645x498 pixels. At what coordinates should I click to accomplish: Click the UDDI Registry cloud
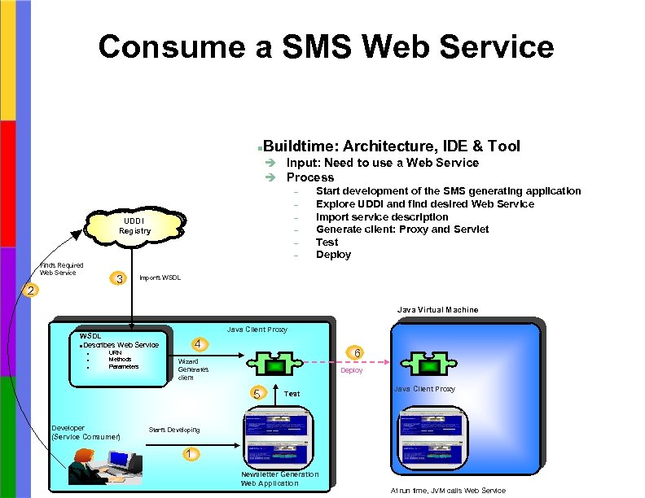pyautogui.click(x=134, y=225)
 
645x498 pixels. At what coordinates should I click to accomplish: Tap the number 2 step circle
pyautogui.click(x=30, y=290)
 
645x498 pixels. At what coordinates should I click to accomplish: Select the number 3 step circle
pyautogui.click(x=120, y=279)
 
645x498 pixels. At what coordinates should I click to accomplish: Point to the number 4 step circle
pyautogui.click(x=198, y=343)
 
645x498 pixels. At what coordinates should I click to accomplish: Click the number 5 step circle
pyautogui.click(x=257, y=393)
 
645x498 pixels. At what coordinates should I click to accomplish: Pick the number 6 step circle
pyautogui.click(x=356, y=352)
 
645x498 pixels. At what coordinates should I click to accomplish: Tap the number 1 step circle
pyautogui.click(x=190, y=453)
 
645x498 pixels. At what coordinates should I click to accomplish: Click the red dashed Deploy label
pyautogui.click(x=352, y=370)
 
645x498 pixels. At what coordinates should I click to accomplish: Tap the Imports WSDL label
pyautogui.click(x=160, y=278)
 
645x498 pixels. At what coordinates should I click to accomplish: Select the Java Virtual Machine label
pyautogui.click(x=437, y=309)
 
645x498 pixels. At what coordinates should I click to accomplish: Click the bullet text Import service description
pyautogui.click(x=382, y=217)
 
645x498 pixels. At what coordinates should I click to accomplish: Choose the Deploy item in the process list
pyautogui.click(x=333, y=255)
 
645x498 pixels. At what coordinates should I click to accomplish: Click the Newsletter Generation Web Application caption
pyautogui.click(x=279, y=478)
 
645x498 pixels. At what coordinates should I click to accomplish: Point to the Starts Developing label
pyautogui.click(x=173, y=429)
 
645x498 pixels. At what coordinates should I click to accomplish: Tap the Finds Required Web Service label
pyautogui.click(x=62, y=269)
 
